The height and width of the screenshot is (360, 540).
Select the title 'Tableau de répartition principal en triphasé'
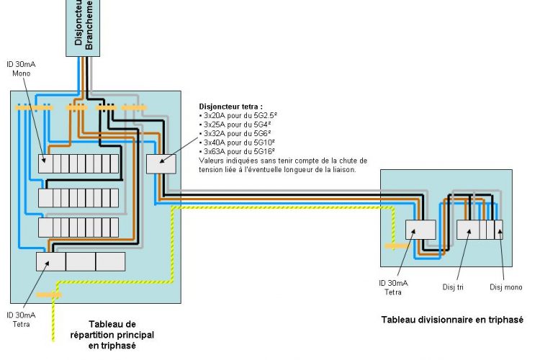pos(121,335)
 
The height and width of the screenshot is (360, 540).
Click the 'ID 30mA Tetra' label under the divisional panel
pos(392,287)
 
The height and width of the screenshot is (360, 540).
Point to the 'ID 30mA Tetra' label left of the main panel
pos(21,319)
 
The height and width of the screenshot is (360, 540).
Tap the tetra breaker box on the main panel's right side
pos(161,164)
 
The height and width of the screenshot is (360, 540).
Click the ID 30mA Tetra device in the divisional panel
pos(420,229)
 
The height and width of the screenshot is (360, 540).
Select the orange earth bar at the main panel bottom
pos(50,294)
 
